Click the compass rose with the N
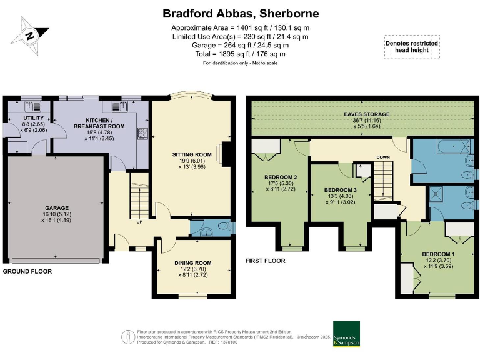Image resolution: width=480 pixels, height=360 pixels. pos(29,35)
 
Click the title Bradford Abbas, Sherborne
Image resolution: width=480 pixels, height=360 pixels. pos(241,13)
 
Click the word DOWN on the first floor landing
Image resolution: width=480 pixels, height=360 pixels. pos(383,157)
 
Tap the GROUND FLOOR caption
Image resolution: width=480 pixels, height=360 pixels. pos(27,272)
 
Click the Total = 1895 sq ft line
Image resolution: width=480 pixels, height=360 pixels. pos(241,54)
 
